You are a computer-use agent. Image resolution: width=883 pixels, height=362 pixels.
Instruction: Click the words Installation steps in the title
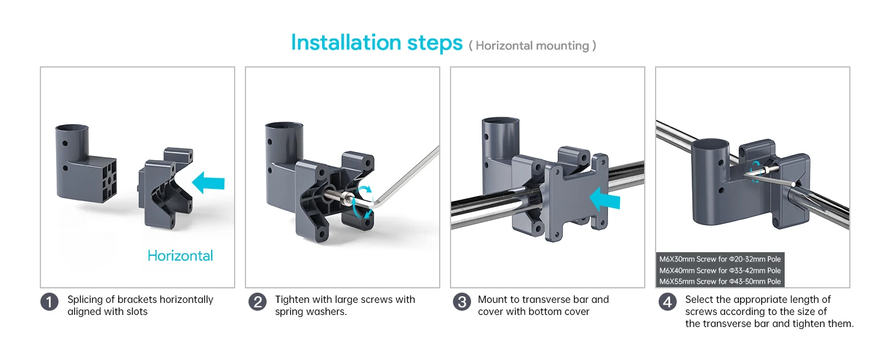tap(376, 43)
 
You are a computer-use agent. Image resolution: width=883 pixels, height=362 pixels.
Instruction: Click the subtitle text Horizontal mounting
tap(532, 46)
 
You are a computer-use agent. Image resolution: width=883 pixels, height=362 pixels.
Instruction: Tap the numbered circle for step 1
tap(49, 302)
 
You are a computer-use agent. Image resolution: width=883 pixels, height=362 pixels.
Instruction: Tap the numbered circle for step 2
tap(258, 302)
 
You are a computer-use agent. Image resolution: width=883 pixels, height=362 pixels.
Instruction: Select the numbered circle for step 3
tap(462, 302)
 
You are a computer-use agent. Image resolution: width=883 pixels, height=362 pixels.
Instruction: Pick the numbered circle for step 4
tap(667, 302)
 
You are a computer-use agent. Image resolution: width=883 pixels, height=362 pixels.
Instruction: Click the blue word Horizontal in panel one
tap(180, 256)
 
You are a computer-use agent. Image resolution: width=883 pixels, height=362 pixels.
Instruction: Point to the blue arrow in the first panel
tap(208, 183)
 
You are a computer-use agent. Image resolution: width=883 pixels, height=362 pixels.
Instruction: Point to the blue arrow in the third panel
tap(605, 200)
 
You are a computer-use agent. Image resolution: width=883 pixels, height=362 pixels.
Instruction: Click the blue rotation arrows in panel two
tap(362, 201)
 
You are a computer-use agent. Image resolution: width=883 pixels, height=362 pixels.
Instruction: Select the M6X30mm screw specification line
tap(720, 259)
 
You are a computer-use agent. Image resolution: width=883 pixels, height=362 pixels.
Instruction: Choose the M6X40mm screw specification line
tap(720, 270)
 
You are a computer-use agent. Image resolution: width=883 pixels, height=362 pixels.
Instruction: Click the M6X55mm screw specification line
tap(720, 282)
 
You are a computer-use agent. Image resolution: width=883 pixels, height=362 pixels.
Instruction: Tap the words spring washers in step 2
tap(310, 312)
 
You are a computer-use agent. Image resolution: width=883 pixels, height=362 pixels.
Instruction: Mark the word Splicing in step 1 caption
tap(85, 300)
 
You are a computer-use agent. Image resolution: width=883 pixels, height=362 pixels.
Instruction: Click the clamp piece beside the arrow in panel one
tap(165, 188)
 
